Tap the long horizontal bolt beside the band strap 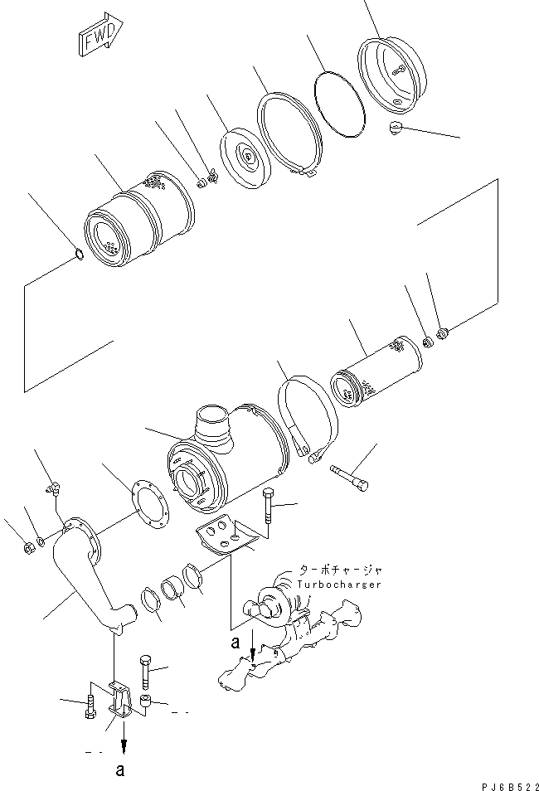click(352, 478)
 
